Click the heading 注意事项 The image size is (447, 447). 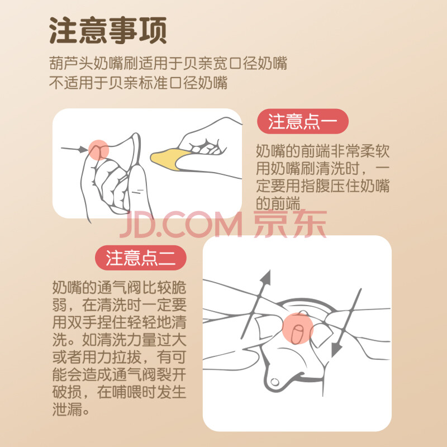pos(108,31)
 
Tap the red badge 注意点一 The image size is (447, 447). pos(302,121)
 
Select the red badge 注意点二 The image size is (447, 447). pos(141,258)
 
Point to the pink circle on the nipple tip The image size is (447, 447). pos(99,150)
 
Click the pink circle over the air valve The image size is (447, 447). pos(298,329)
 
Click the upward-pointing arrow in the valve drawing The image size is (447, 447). pos(256,304)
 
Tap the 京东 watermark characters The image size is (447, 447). pos(290,224)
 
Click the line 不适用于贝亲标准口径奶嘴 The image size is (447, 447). pos(138,83)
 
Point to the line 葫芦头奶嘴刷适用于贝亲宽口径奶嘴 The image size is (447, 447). pos(168,63)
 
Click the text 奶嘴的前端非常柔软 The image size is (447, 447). pos(322,151)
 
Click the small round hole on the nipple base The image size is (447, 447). pos(275,382)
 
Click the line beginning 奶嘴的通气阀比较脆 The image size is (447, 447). pos(119,288)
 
